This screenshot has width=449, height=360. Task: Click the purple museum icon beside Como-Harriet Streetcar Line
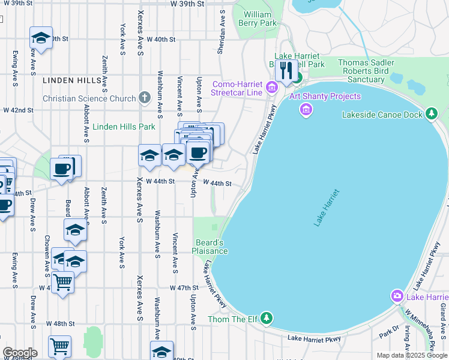pos(271,88)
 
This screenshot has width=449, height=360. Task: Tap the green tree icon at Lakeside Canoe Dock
pos(431,114)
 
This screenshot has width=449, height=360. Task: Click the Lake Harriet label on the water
pos(326,208)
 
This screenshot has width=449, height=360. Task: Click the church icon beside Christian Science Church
pos(144,97)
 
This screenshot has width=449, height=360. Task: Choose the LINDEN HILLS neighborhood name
pos(67,80)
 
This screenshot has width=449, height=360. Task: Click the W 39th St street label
pos(187,4)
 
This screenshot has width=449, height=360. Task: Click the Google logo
pos(19,352)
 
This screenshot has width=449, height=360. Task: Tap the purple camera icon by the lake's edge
pos(397,296)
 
